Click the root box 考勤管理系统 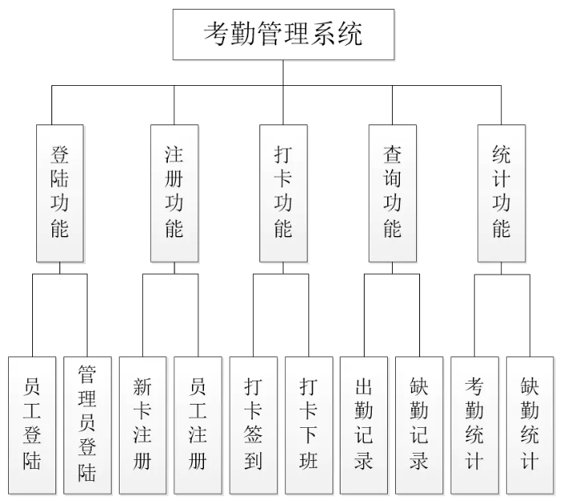click(284, 35)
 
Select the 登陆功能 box click(60, 193)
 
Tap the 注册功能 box click(173, 193)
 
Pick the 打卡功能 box click(283, 193)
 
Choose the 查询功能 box click(392, 193)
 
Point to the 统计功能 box click(501, 193)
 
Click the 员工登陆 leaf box click(32, 425)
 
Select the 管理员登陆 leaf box click(88, 425)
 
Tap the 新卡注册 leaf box click(142, 425)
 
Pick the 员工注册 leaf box click(198, 425)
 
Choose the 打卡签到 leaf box click(253, 425)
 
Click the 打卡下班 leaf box click(308, 425)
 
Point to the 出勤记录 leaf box click(364, 425)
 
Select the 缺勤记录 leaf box click(419, 425)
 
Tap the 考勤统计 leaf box click(474, 425)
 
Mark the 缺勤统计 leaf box click(529, 425)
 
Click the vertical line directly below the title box click(283, 72)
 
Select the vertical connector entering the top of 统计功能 click(501, 104)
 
